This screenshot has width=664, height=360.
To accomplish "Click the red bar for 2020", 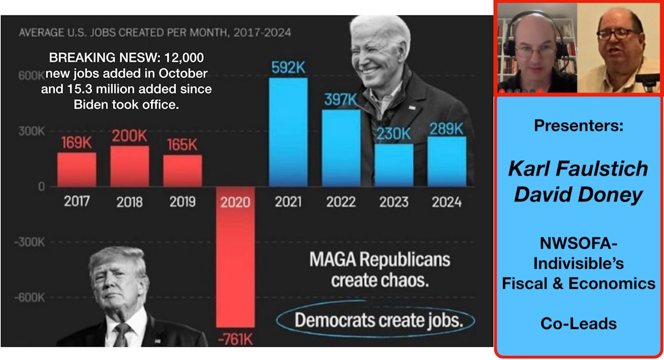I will click(235, 261).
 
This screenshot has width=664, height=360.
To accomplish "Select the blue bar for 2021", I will click(288, 132).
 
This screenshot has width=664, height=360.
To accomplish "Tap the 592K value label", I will click(288, 68).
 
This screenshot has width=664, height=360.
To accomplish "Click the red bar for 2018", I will click(130, 166).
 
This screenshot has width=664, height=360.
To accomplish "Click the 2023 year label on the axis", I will click(393, 202).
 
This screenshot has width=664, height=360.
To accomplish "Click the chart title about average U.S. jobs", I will click(155, 32).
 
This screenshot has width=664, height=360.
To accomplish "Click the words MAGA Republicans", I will click(380, 260).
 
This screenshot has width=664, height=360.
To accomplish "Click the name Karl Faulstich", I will click(578, 169).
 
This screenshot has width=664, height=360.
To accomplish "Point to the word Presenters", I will click(578, 126).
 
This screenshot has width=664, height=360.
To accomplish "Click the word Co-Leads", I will click(578, 324).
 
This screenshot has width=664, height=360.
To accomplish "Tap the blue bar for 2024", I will click(447, 161).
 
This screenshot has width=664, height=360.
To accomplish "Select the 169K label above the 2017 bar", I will click(77, 143).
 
